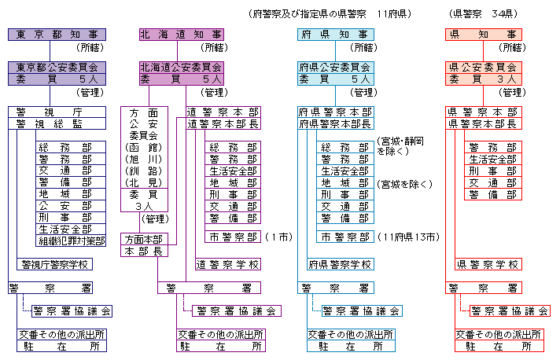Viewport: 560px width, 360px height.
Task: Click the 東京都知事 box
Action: [53, 35]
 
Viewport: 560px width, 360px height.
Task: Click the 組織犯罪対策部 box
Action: [70, 241]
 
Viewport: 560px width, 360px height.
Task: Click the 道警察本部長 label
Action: [223, 124]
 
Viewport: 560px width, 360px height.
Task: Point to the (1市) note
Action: [279, 237]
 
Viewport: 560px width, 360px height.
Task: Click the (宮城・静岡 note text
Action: [401, 141]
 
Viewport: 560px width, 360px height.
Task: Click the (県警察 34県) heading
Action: [481, 14]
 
